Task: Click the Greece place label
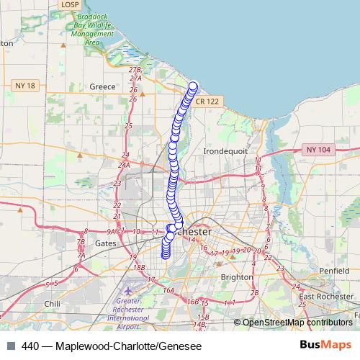pyautogui.click(x=102, y=86)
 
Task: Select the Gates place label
pyautogui.click(x=105, y=243)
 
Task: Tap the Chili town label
pyautogui.click(x=52, y=304)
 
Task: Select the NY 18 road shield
pyautogui.click(x=24, y=86)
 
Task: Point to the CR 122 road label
pyautogui.click(x=206, y=102)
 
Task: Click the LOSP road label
pyautogui.click(x=70, y=4)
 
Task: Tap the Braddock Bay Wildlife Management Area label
pyautogui.click(x=91, y=28)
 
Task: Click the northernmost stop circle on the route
pyautogui.click(x=193, y=86)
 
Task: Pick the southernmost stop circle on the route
pyautogui.click(x=166, y=253)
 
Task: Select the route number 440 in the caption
pyautogui.click(x=32, y=346)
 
